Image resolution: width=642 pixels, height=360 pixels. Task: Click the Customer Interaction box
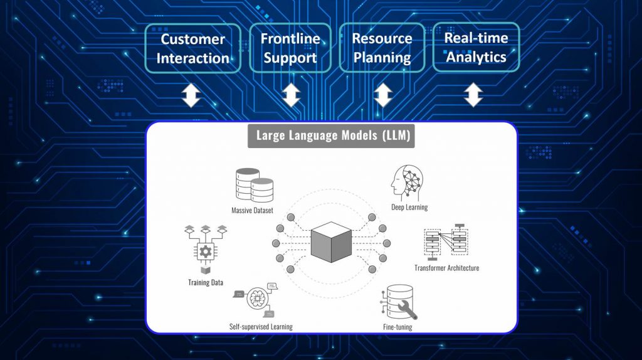tap(192, 48)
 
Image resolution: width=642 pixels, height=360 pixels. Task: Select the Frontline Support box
tap(290, 48)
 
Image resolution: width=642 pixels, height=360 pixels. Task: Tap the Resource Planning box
tap(382, 48)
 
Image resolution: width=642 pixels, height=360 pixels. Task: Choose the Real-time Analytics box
tap(476, 47)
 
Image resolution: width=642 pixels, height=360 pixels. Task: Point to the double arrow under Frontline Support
tap(291, 95)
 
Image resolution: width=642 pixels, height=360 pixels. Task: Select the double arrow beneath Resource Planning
tap(383, 95)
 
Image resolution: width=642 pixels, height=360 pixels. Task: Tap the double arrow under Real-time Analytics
tap(475, 95)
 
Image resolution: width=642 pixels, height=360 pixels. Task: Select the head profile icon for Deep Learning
tap(408, 182)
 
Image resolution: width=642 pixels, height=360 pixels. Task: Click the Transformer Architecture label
tap(446, 268)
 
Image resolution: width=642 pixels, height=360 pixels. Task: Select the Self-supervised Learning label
tap(261, 326)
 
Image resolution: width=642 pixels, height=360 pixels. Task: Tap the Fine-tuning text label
tap(397, 327)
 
